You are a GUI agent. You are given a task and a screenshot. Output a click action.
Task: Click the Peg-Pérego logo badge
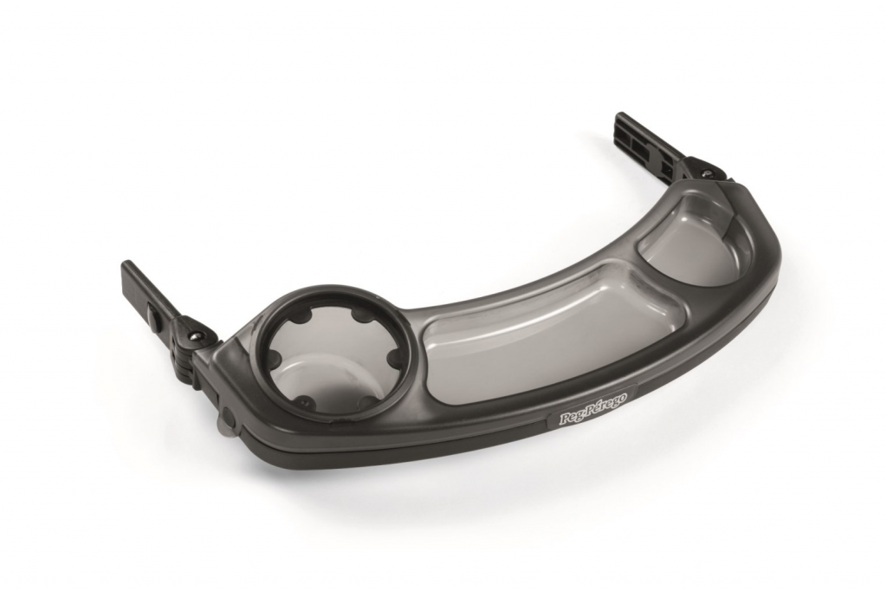(592, 407)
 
